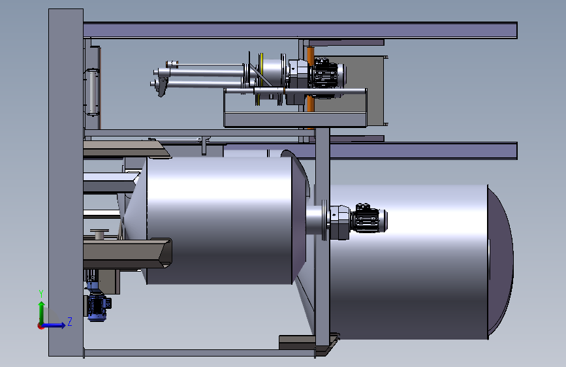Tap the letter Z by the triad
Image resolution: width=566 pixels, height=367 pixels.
tap(70, 321)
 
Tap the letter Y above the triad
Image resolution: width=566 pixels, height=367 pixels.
tap(41, 294)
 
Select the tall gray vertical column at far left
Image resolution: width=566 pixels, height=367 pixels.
tap(66, 182)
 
